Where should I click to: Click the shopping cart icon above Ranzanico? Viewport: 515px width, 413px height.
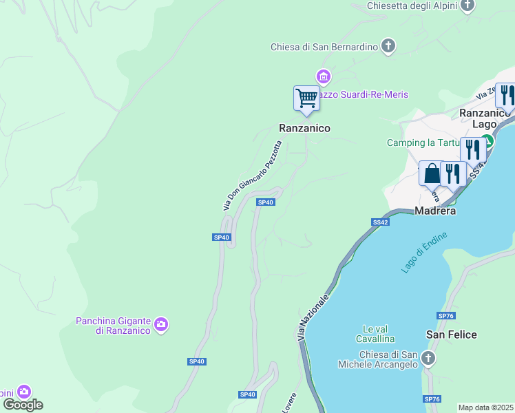click(x=306, y=98)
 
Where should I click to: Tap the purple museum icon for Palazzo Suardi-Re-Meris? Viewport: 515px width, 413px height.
click(x=323, y=76)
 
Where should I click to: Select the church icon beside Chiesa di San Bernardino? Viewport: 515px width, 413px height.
click(x=388, y=47)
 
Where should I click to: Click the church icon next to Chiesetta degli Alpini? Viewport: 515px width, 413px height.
click(x=468, y=6)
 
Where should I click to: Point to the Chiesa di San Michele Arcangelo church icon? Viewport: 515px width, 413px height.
click(x=428, y=359)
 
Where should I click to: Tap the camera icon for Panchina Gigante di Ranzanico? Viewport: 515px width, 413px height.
click(x=161, y=324)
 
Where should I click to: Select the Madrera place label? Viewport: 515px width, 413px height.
click(x=436, y=211)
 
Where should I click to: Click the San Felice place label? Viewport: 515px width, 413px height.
click(x=451, y=335)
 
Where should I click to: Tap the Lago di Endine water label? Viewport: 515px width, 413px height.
click(x=424, y=253)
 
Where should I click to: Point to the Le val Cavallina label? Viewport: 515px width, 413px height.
click(x=375, y=334)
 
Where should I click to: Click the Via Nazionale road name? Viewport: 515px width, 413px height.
click(x=314, y=314)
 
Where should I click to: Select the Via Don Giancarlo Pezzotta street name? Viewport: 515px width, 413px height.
click(x=252, y=176)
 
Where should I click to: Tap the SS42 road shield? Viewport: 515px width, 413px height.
click(x=381, y=222)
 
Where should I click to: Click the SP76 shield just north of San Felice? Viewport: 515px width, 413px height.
click(x=445, y=315)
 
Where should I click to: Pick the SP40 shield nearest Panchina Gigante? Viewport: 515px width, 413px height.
click(x=196, y=361)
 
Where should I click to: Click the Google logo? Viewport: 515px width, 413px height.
click(x=23, y=405)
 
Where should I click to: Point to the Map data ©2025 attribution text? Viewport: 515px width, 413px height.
click(x=486, y=407)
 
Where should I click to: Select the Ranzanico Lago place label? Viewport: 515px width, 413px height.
click(x=485, y=118)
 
